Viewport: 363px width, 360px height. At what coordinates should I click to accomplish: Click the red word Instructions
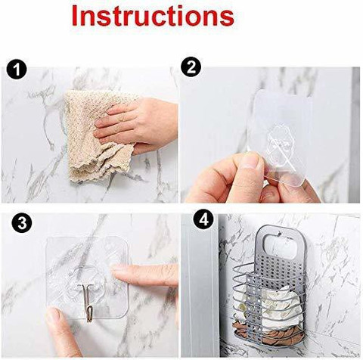click(153, 16)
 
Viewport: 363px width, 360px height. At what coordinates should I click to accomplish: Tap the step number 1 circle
click(17, 70)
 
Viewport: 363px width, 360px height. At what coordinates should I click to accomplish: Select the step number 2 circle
click(191, 67)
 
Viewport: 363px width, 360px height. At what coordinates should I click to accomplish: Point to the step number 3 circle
click(22, 223)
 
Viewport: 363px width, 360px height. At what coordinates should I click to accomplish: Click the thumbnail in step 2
click(249, 160)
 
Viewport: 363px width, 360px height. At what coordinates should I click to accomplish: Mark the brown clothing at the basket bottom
click(267, 331)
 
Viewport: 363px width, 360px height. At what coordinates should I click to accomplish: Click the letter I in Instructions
click(75, 16)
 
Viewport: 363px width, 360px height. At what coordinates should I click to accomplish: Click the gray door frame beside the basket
click(200, 285)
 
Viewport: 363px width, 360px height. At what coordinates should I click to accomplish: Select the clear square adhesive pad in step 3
click(87, 278)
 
